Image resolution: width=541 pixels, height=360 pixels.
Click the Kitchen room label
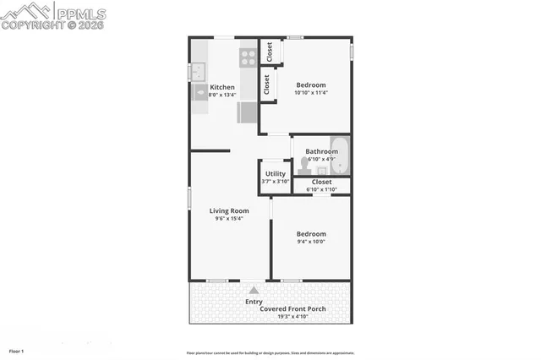[222, 87]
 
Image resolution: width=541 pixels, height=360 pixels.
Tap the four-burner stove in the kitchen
[248, 57]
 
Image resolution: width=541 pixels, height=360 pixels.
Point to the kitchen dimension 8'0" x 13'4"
[222, 95]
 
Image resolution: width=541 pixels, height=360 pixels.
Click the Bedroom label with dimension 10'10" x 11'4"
[310, 85]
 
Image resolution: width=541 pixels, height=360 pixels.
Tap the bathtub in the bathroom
[339, 155]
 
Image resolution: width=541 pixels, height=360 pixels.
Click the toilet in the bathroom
[304, 166]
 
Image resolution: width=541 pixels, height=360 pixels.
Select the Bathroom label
[321, 151]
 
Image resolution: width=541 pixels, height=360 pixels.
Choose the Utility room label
[275, 173]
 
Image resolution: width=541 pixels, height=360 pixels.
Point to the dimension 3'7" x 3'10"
[275, 181]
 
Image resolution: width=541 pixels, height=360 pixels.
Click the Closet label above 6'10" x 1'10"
[321, 182]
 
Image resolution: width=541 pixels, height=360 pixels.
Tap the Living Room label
[228, 210]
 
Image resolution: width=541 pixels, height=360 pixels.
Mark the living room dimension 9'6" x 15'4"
[228, 219]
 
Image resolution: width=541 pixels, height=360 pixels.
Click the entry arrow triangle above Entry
[254, 290]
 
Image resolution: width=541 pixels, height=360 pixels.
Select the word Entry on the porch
[254, 302]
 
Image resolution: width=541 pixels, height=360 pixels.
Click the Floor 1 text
[16, 350]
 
